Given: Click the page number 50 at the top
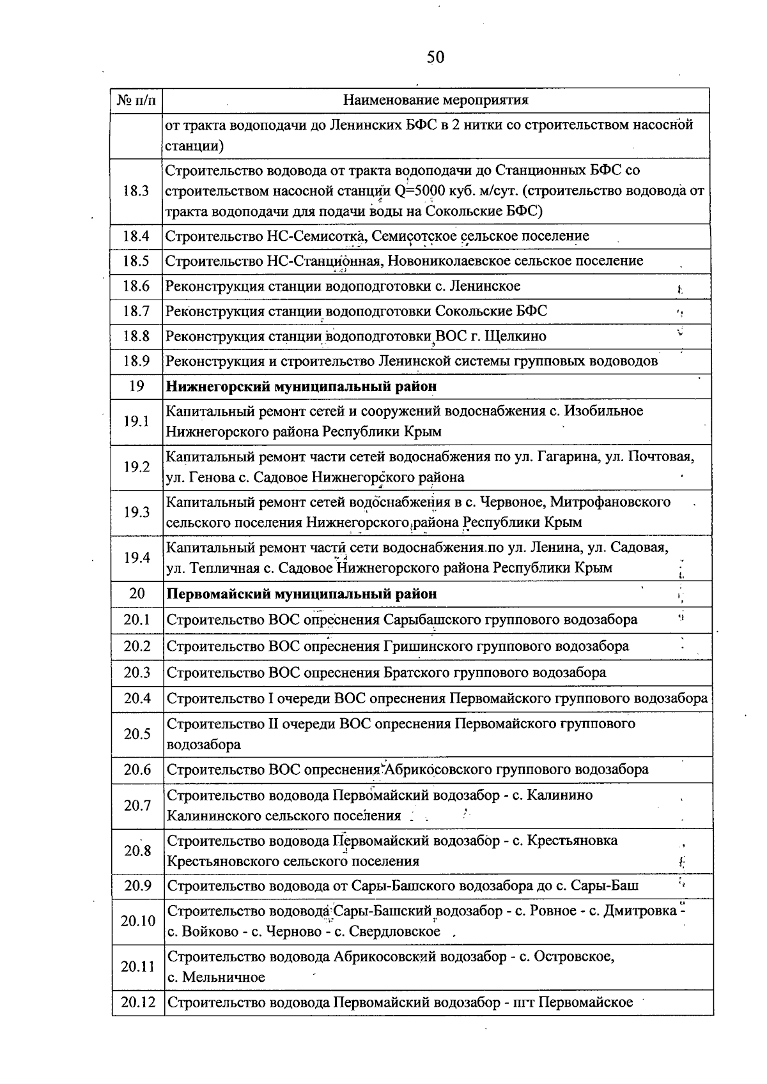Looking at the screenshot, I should (435, 58).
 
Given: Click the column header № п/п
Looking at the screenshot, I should (136, 100).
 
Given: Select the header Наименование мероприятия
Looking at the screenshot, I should (436, 100).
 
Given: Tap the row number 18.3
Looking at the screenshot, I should (136, 190).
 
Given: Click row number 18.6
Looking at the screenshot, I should (136, 286).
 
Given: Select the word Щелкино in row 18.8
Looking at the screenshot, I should (516, 336).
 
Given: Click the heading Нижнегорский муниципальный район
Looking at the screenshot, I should (302, 386).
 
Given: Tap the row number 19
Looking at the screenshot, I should (136, 386).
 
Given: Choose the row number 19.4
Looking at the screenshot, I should (136, 558).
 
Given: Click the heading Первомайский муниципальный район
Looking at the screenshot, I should (302, 593).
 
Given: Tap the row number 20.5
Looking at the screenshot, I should (137, 734).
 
